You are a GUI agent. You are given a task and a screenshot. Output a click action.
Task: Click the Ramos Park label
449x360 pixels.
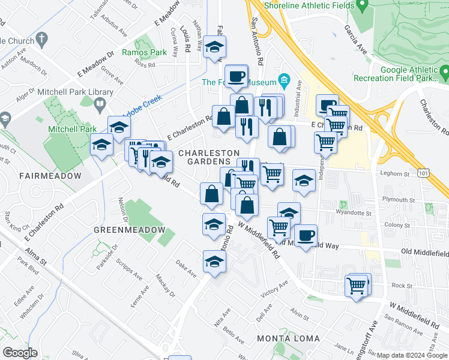click(x=144, y=53)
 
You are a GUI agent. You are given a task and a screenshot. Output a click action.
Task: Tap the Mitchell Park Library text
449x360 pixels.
click(x=75, y=92)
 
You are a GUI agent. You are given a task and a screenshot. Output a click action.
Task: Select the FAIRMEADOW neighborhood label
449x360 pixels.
click(x=49, y=176)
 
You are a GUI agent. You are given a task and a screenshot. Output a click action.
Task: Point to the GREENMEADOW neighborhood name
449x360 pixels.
click(x=129, y=230)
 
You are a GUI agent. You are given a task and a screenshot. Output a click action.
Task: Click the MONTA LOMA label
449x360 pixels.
click(x=288, y=338)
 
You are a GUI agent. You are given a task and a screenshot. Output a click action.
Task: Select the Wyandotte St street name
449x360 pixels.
click(x=355, y=212)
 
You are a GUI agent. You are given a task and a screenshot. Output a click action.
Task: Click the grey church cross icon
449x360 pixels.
click(x=41, y=40)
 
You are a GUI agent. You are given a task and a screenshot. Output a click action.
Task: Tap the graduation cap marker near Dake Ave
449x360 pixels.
click(x=214, y=261)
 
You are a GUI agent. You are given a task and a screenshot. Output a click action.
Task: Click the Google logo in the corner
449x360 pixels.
click(x=20, y=353)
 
